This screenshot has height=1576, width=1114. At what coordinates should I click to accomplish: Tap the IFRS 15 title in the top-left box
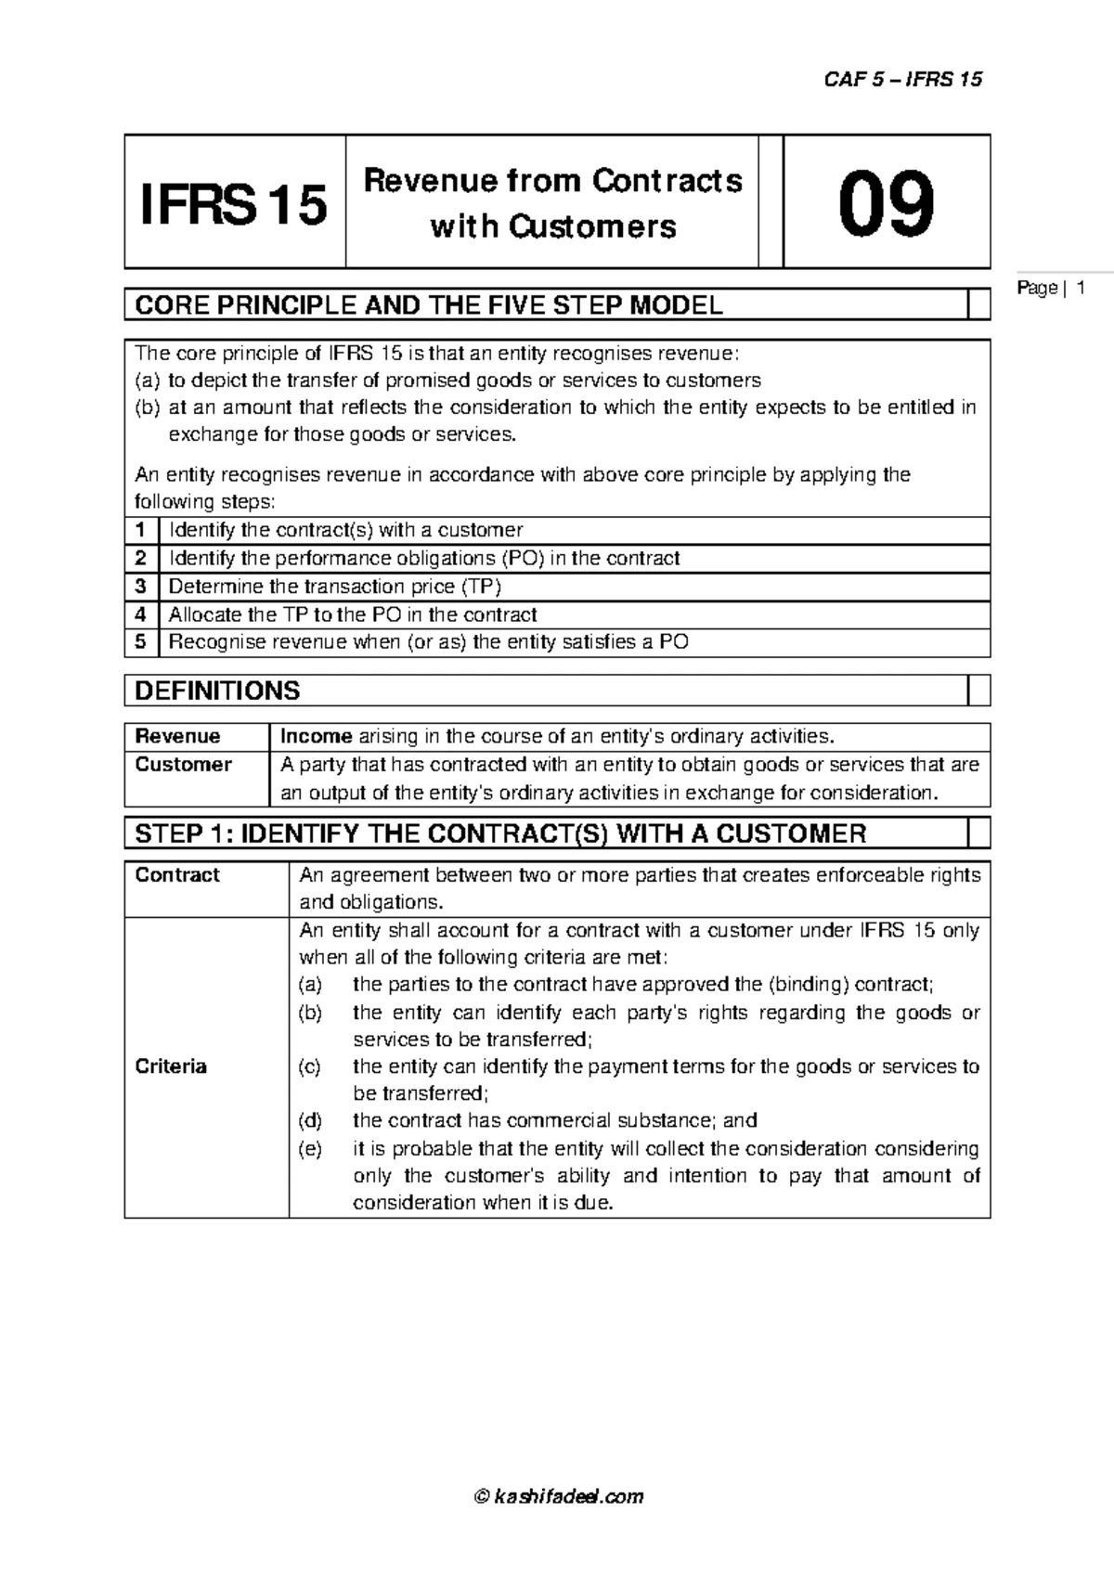(233, 205)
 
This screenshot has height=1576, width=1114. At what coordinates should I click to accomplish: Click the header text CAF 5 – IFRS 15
(902, 79)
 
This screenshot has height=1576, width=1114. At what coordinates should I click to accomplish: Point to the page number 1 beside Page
(1082, 289)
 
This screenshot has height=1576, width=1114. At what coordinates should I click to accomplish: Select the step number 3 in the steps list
(141, 587)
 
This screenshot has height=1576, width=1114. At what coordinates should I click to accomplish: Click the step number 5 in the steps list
(141, 642)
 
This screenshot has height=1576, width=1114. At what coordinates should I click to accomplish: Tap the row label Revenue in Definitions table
(177, 737)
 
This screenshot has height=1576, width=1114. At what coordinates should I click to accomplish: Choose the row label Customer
(183, 765)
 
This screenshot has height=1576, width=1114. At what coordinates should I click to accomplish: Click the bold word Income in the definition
(316, 737)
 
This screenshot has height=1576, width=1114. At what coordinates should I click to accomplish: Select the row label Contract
(177, 875)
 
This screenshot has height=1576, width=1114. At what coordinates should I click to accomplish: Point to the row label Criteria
(171, 1066)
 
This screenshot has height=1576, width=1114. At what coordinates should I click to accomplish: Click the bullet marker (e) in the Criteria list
(310, 1149)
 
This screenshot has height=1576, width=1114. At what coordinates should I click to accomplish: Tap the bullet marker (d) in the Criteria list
(310, 1120)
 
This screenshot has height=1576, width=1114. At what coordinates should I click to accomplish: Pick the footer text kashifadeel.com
(569, 1496)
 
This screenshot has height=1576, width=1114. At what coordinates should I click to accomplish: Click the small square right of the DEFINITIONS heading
(978, 691)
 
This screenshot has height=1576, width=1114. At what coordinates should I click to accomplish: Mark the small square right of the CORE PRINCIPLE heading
(978, 304)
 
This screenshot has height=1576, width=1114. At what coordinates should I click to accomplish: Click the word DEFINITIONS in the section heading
(217, 691)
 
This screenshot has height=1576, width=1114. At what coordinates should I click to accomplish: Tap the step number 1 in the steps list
(141, 530)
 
